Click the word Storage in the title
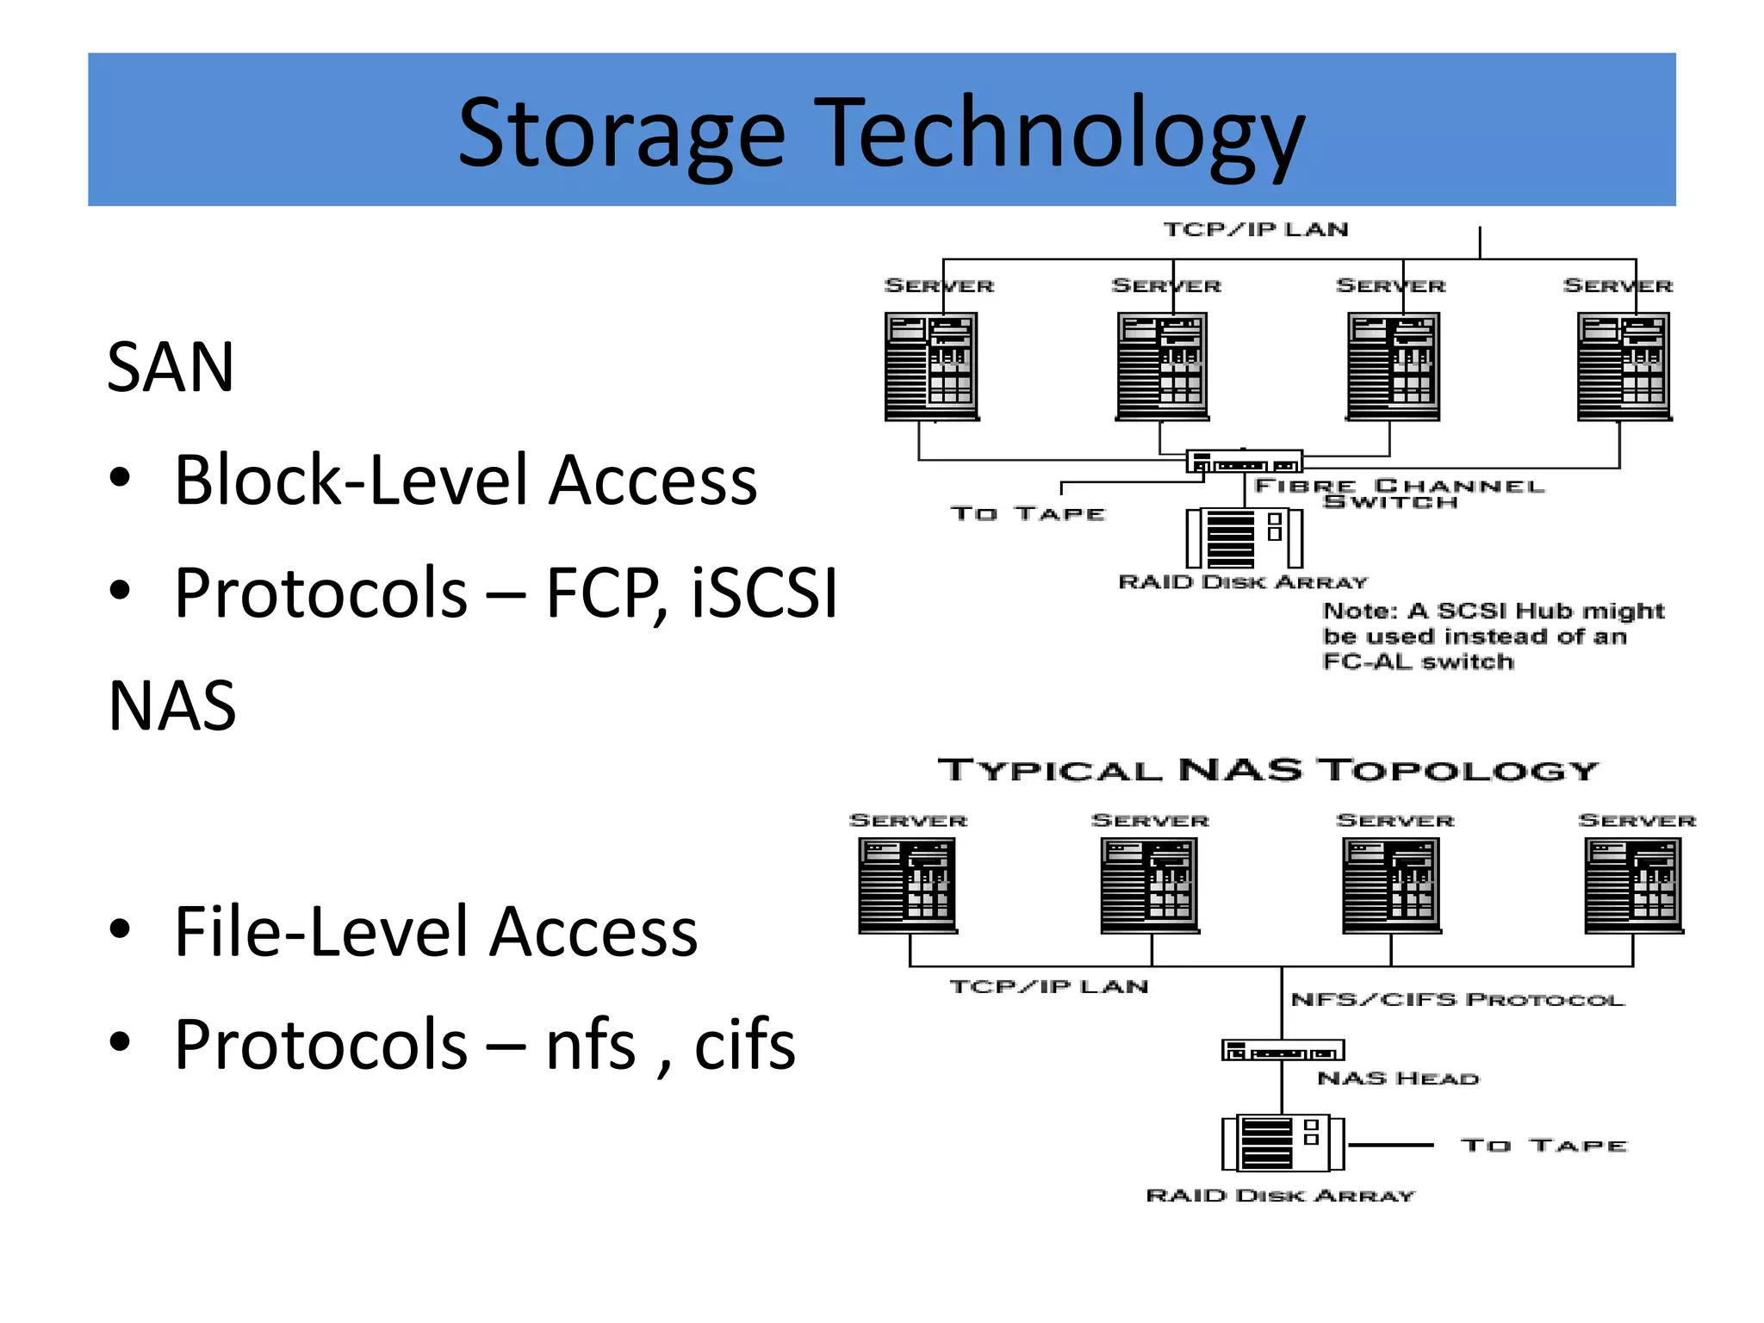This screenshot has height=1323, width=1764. [x=621, y=134]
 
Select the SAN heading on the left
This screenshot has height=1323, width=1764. [x=171, y=368]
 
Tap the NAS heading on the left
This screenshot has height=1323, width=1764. [x=172, y=706]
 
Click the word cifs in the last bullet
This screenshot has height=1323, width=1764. [x=745, y=1045]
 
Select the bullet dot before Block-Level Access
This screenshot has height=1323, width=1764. [x=121, y=478]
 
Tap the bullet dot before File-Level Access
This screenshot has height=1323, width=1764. [x=121, y=929]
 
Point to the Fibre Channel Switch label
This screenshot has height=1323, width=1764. [x=1399, y=494]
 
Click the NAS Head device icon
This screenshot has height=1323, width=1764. [x=1283, y=1051]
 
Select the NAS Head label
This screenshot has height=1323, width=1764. [x=1398, y=1079]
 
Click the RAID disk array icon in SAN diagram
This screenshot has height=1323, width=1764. [x=1245, y=538]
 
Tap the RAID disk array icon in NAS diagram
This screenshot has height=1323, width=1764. [x=1283, y=1143]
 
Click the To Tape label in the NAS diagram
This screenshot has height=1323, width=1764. [x=1543, y=1146]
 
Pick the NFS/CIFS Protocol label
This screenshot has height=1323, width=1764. [x=1457, y=1000]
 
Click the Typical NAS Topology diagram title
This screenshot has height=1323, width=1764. [x=1268, y=770]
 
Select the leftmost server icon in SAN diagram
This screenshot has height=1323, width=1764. [x=931, y=366]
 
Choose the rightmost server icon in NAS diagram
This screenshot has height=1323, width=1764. [x=1634, y=886]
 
